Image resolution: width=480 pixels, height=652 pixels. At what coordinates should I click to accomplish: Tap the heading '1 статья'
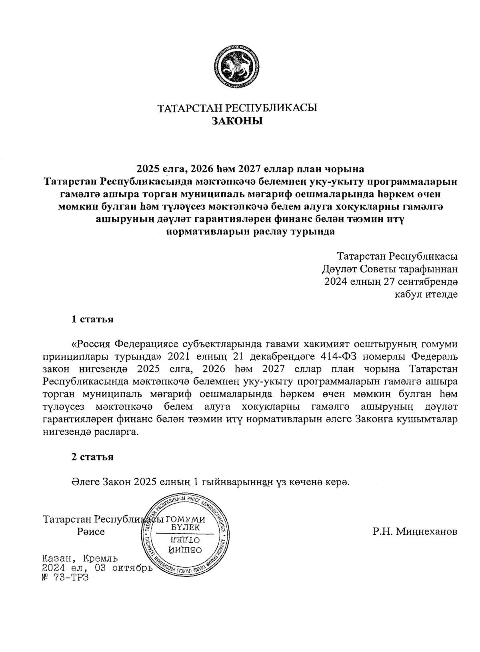coord(92,319)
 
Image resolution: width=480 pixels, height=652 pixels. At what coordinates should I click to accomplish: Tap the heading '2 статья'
coord(92,457)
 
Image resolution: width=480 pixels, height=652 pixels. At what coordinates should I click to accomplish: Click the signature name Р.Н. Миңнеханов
coord(415,532)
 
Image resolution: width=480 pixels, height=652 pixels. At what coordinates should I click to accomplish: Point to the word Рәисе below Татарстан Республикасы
coord(91,532)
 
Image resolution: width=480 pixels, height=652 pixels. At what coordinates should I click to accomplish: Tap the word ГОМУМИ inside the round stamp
coord(185,520)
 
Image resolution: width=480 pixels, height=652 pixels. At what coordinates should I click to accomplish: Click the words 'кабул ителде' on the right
coord(426,294)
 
